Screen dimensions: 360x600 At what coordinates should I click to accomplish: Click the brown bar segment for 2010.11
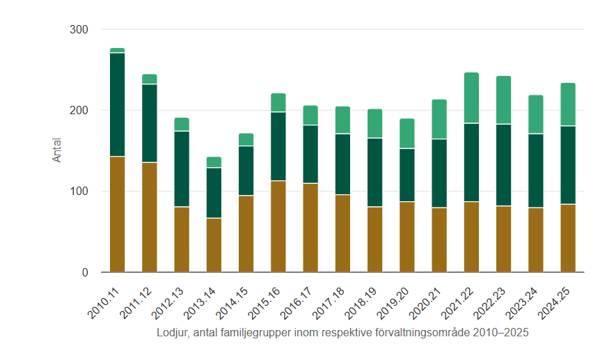[x=117, y=214]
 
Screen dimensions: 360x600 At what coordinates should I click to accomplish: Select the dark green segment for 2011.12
[x=150, y=123]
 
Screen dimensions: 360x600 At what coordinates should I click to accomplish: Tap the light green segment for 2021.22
[x=471, y=97]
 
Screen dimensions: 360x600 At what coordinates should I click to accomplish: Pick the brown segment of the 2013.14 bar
[x=214, y=245]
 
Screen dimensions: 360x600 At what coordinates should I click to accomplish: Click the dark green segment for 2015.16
[x=278, y=146]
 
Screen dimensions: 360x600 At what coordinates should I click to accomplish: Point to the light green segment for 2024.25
[x=568, y=104]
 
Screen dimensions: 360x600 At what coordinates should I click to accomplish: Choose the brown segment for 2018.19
[x=375, y=239]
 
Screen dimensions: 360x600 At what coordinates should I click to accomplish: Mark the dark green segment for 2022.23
[x=503, y=165]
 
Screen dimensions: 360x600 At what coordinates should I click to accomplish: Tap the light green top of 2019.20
[x=407, y=133]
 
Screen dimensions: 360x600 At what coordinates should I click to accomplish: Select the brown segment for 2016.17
[x=310, y=228]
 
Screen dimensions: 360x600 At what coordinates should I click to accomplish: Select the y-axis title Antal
[x=57, y=150]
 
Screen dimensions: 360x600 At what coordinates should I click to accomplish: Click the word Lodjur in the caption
[x=172, y=333]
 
